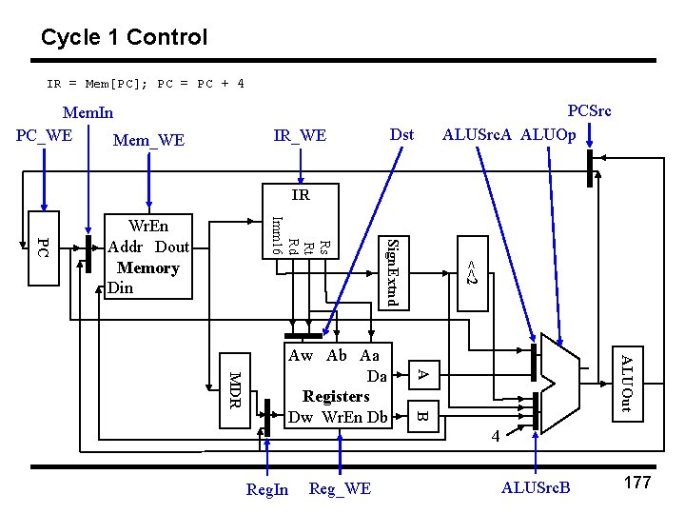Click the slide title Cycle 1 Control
[x=124, y=38]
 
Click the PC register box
[x=42, y=247]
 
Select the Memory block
[x=147, y=255]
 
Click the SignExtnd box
[x=396, y=271]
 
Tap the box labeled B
[x=424, y=415]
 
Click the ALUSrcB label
[x=536, y=488]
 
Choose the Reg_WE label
[x=340, y=488]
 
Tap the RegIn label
[x=267, y=489]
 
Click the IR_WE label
[x=300, y=136]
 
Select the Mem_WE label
[x=148, y=141]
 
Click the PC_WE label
[x=45, y=134]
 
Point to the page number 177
[x=636, y=483]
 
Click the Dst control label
[x=402, y=134]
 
